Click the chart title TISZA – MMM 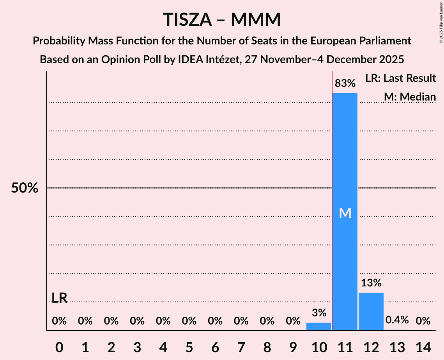[221, 19]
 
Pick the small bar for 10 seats [318, 326]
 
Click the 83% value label [345, 83]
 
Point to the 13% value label [371, 283]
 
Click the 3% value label [318, 313]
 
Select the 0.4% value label [397, 320]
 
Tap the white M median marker [345, 213]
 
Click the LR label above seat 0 [59, 298]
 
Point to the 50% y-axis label [25, 188]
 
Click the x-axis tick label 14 [423, 346]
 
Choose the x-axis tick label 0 [59, 346]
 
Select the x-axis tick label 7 [241, 346]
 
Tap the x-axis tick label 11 [345, 346]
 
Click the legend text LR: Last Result [400, 78]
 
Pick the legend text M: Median [410, 97]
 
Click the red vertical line [332, 195]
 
